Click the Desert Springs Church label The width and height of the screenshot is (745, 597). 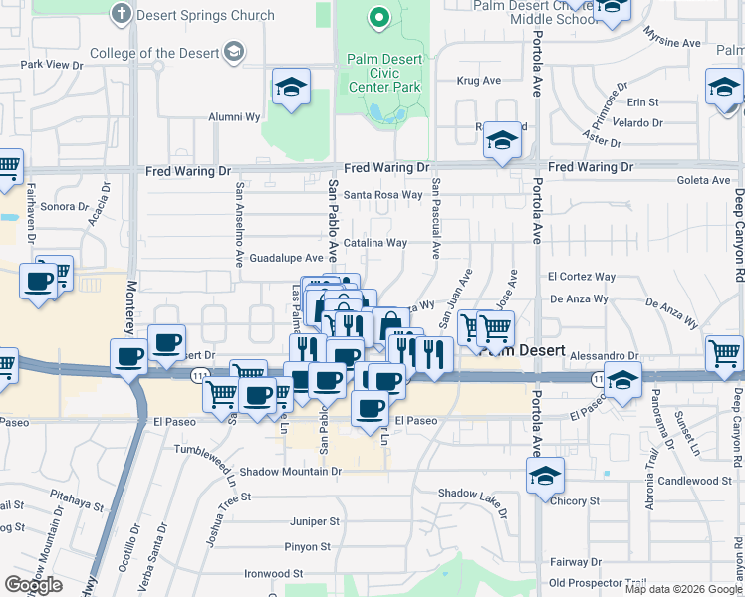(x=205, y=15)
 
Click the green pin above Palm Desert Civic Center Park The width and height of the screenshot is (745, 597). (x=378, y=17)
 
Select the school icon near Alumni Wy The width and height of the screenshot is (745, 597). (x=291, y=88)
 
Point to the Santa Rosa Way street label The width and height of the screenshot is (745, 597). (x=383, y=195)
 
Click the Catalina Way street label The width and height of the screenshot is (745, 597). (x=375, y=243)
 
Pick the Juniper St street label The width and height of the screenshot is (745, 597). (x=314, y=520)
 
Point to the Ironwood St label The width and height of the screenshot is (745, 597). (x=274, y=573)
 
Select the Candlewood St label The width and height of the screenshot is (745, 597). (x=695, y=481)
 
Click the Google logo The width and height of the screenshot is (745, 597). (x=33, y=585)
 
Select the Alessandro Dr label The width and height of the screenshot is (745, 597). (x=606, y=355)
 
